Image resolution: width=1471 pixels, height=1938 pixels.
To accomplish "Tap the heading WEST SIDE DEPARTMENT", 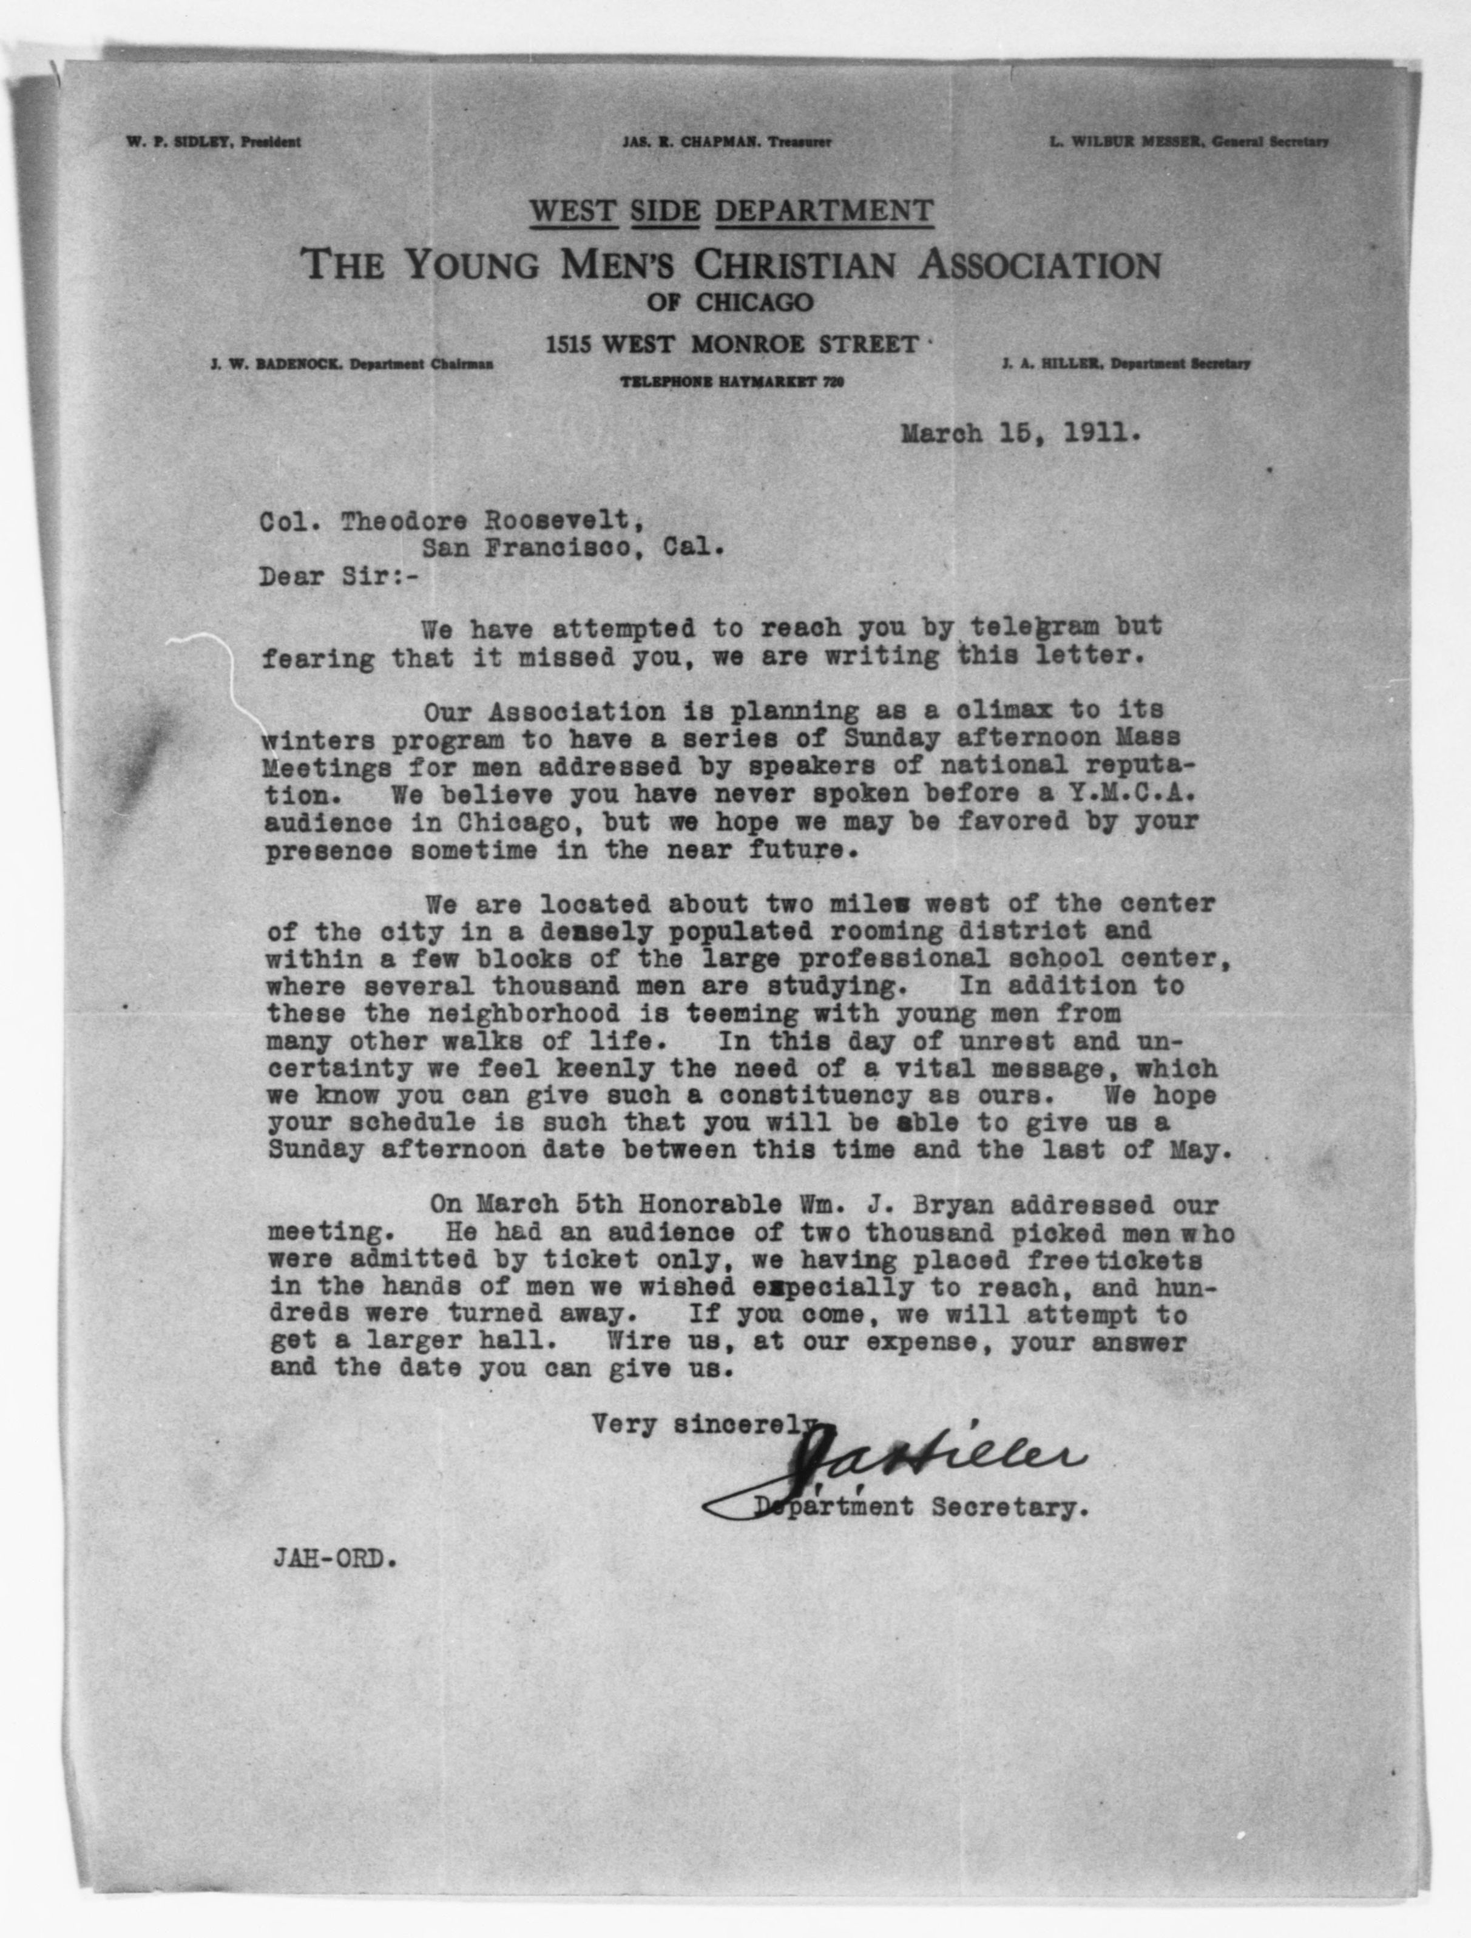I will (732, 211).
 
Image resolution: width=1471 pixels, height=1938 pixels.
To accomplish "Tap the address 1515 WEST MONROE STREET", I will (732, 344).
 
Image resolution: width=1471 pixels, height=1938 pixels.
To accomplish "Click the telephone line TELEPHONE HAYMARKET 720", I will (732, 382).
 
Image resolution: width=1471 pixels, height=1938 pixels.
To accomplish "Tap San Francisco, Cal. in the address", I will (574, 549).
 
